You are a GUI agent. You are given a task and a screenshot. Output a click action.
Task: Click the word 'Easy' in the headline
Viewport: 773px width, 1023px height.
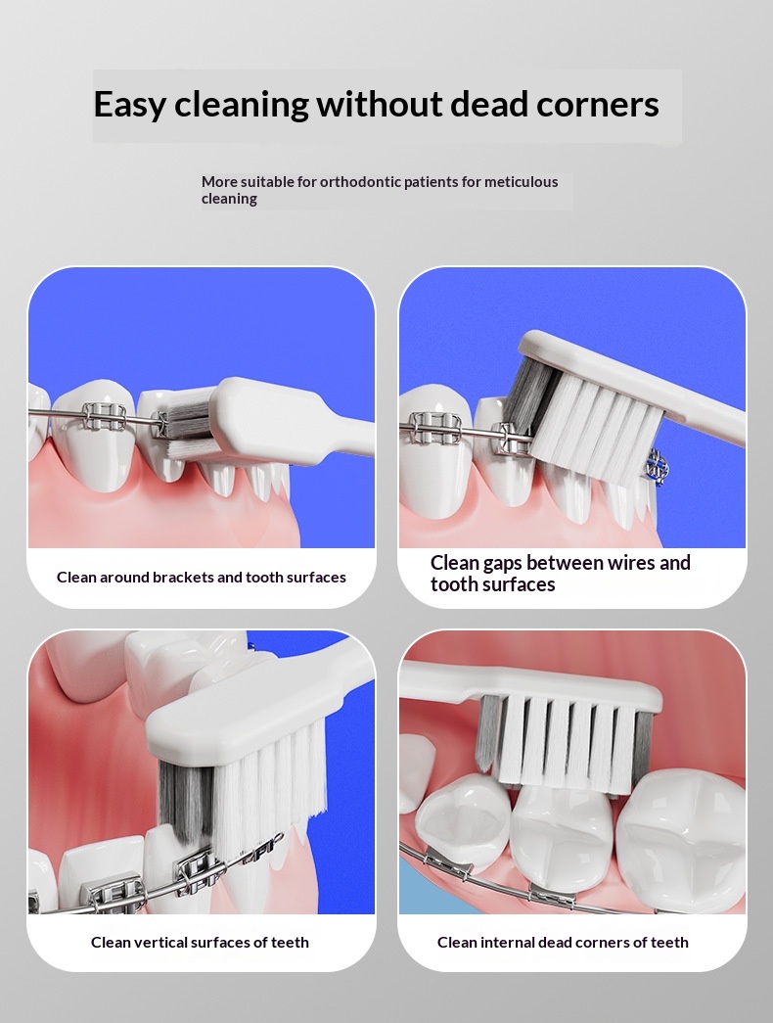point(130,105)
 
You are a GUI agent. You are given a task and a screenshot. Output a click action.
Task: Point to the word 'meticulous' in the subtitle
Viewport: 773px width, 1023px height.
point(521,182)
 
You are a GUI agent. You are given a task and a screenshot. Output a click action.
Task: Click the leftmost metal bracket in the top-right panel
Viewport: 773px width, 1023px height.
point(435,428)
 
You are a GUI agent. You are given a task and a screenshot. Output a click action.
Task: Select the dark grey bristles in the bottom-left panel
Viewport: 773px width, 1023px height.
point(187,804)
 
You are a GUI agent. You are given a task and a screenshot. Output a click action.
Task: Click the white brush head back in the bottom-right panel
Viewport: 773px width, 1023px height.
point(528,685)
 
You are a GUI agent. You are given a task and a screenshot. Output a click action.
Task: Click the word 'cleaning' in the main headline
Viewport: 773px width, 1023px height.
point(242,105)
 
